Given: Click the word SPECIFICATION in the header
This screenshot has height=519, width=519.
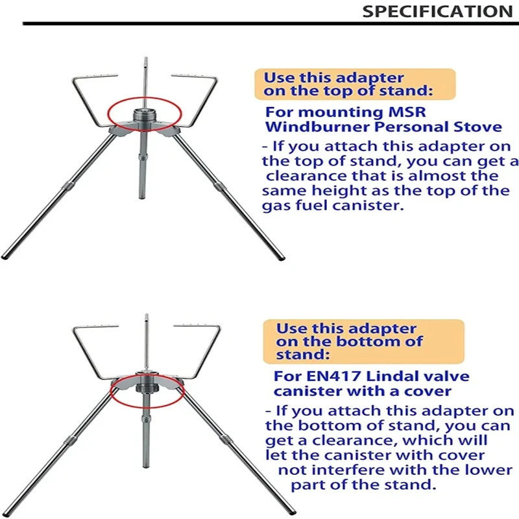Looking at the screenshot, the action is [x=437, y=11].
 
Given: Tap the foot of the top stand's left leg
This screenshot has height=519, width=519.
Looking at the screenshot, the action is [x=5, y=257].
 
